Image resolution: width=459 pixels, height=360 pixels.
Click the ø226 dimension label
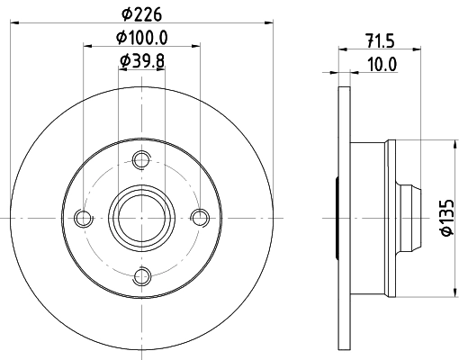tap(142, 14)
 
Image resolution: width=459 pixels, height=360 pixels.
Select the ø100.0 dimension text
tap(142, 38)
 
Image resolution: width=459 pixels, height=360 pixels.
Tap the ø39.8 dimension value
tap(142, 61)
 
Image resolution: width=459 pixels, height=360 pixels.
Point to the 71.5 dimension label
tap(380, 40)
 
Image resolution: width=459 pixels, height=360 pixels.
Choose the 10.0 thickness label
tap(382, 64)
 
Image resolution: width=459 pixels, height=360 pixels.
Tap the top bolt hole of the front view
tap(141, 160)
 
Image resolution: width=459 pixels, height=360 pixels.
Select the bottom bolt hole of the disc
tap(142, 276)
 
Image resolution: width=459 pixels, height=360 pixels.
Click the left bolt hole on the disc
tap(83, 218)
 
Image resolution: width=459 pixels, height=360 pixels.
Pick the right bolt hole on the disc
tap(200, 218)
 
